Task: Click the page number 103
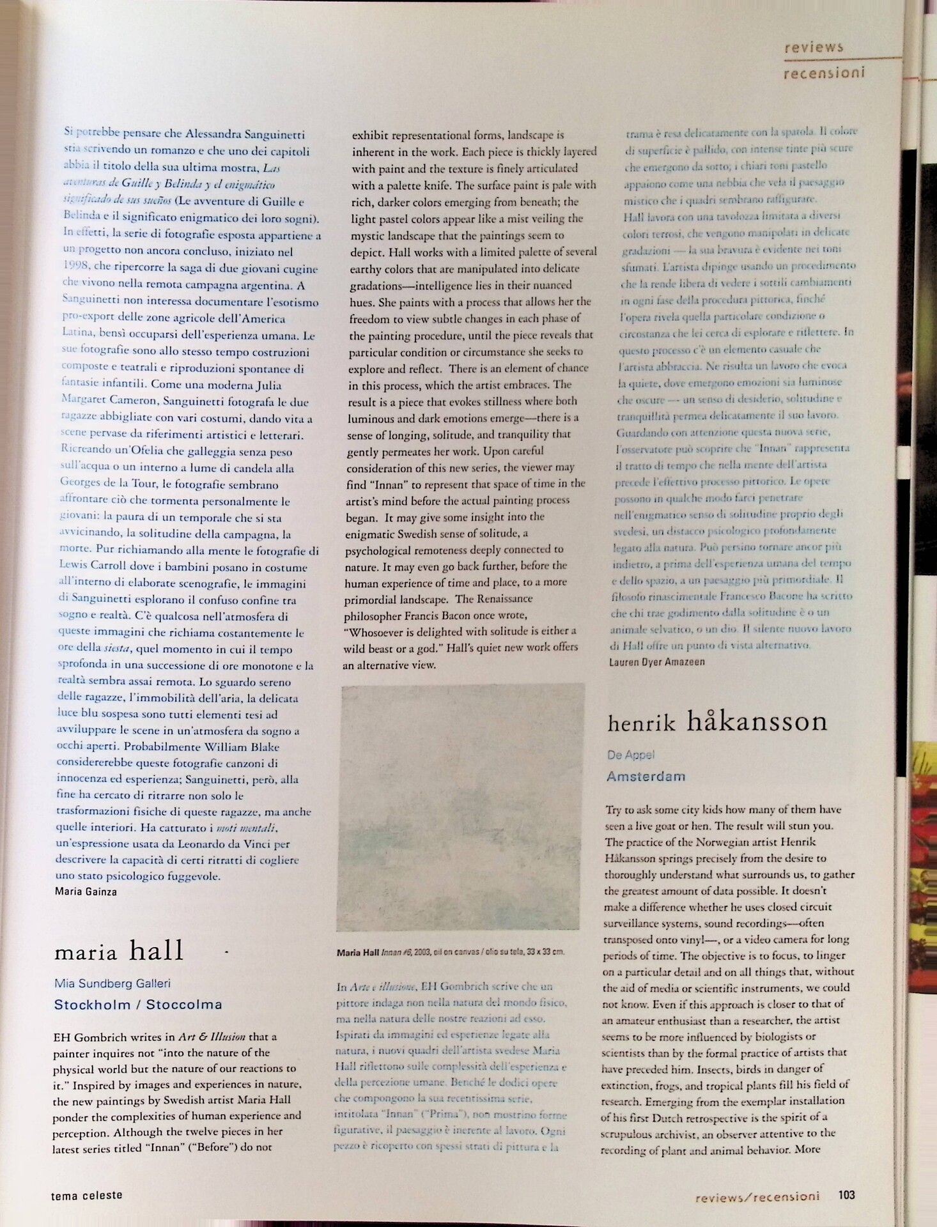click(x=847, y=1194)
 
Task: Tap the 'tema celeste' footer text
click(x=86, y=1194)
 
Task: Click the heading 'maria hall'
click(x=119, y=951)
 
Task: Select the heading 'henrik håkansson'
click(x=717, y=722)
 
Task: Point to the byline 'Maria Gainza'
click(x=86, y=891)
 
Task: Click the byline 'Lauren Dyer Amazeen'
click(x=656, y=661)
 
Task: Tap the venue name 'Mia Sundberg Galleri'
click(x=112, y=984)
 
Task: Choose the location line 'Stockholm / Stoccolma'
click(x=138, y=1004)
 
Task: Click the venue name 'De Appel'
click(x=630, y=755)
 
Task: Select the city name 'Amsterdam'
click(x=646, y=776)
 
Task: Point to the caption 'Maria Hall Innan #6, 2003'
click(x=451, y=952)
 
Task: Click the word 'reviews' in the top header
click(x=813, y=47)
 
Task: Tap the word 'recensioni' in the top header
click(x=824, y=73)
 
